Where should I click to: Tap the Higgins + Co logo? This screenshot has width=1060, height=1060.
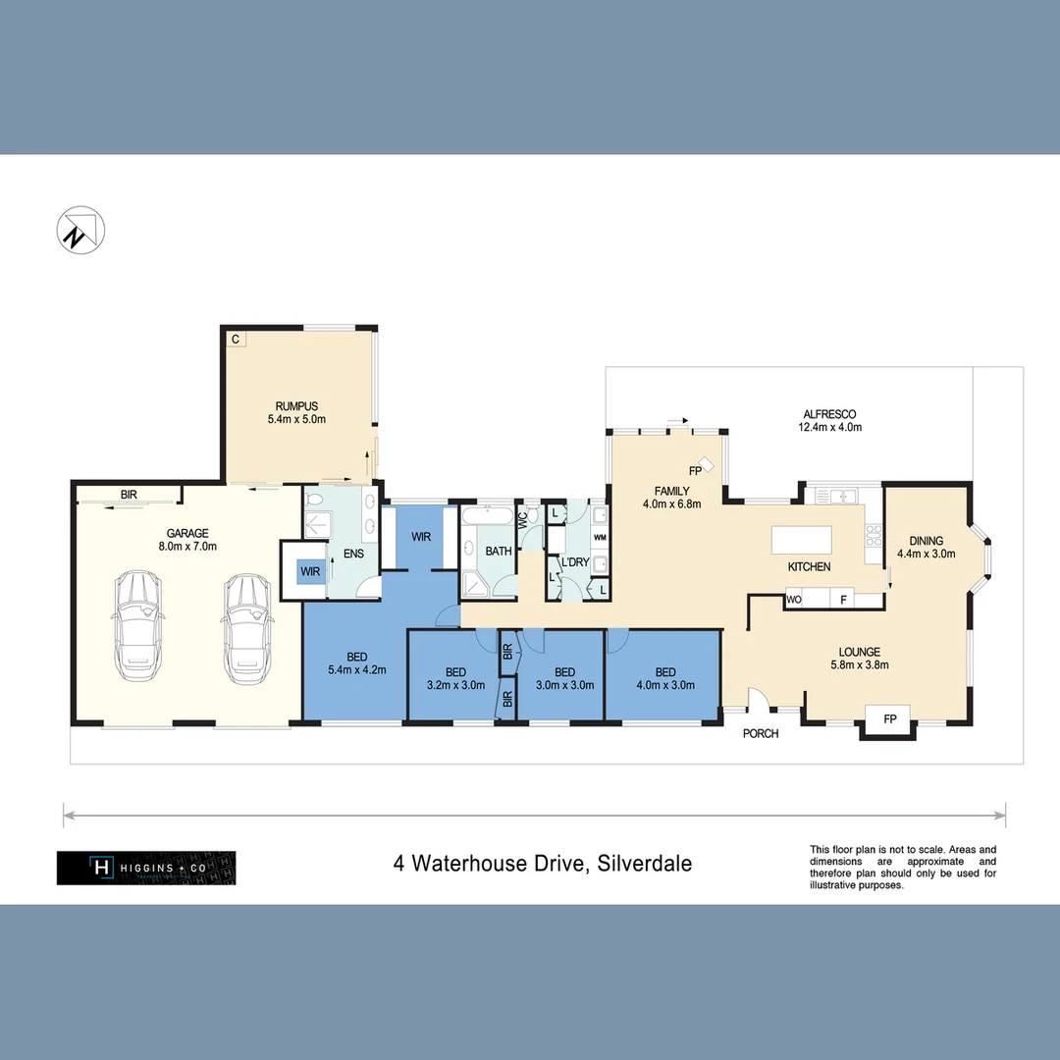[146, 868]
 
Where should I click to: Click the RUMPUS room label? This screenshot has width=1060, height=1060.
[296, 405]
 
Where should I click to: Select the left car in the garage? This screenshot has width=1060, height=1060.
[137, 629]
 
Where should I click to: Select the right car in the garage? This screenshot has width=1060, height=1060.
[246, 629]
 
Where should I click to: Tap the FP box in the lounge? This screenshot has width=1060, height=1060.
[890, 719]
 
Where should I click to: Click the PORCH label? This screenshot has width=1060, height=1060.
[761, 733]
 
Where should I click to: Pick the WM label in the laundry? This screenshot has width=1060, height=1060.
[600, 538]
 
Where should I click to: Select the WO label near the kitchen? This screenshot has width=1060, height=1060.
[794, 598]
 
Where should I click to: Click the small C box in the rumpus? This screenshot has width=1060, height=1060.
[236, 340]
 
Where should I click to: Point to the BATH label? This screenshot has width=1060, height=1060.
[499, 552]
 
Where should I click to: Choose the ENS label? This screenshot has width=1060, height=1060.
[353, 554]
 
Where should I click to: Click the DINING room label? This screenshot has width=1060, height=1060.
[926, 541]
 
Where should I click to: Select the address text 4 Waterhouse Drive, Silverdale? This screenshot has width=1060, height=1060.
[543, 864]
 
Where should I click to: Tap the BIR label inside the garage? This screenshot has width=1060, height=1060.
[129, 495]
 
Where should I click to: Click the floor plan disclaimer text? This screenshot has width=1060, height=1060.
[902, 867]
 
